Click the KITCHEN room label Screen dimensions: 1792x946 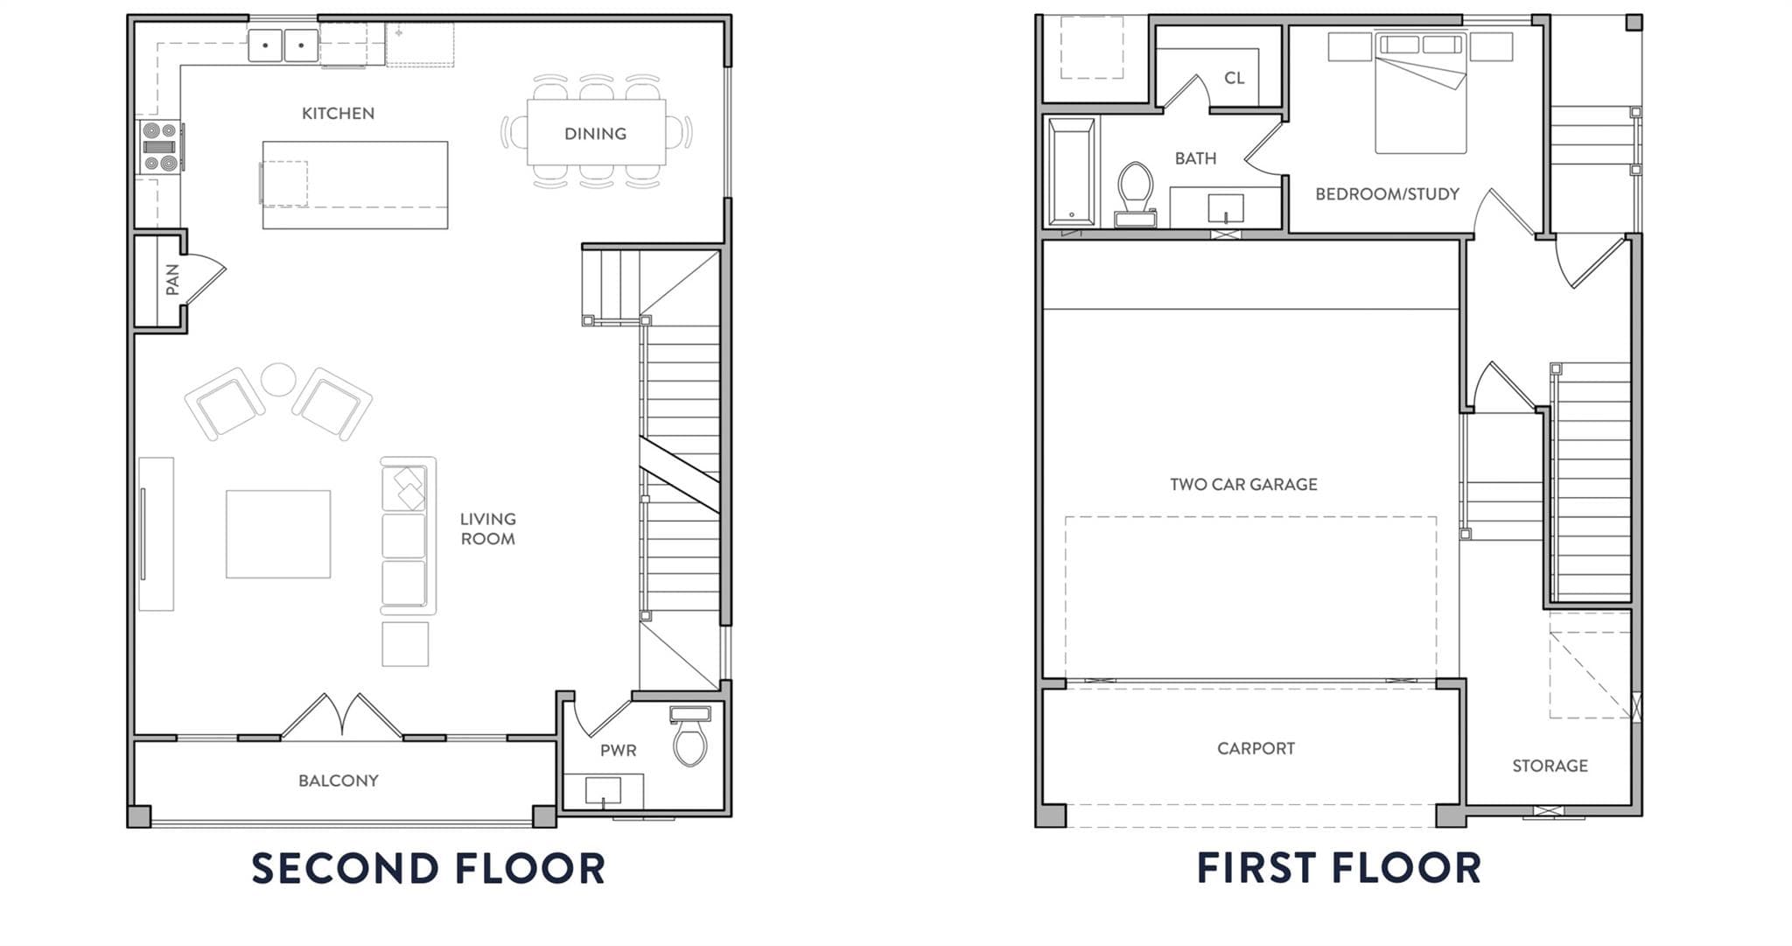coord(338,113)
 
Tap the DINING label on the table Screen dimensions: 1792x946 coord(595,134)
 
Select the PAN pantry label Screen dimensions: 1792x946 coord(172,279)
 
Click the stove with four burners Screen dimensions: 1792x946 coord(161,147)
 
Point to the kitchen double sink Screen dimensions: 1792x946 coord(283,46)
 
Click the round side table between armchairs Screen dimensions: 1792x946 coord(278,380)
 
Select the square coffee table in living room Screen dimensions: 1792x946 coord(278,534)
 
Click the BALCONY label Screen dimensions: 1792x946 coord(339,781)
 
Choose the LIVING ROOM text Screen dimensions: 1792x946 coord(488,529)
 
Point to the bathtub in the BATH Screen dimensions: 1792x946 coord(1072,172)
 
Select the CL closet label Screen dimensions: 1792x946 coord(1235,78)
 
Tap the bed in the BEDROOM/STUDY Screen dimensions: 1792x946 coord(1420,93)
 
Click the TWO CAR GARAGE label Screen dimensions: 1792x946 coord(1243,484)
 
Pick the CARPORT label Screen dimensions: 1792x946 coord(1256,748)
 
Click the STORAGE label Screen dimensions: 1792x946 coord(1550,766)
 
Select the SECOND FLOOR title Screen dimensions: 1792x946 coord(429,868)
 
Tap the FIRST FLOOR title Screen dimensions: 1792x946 coord(1339,868)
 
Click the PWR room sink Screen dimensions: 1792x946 coord(604,791)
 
